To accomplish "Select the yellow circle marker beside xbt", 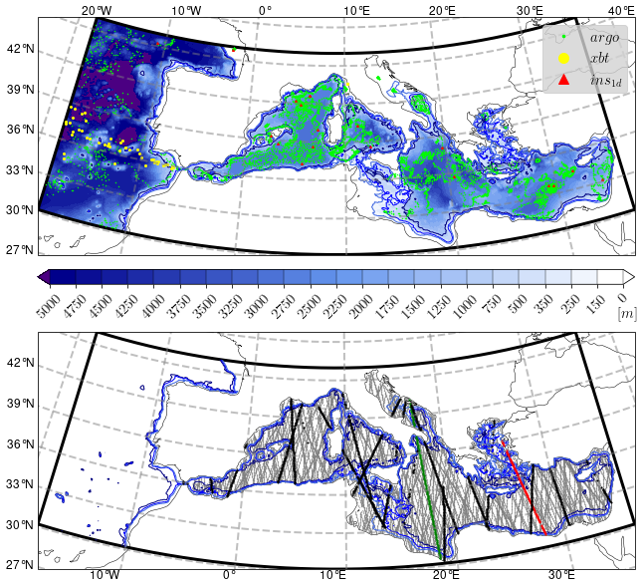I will click(x=563, y=59).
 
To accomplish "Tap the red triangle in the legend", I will click(x=563, y=80).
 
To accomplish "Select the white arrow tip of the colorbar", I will click(x=629, y=276).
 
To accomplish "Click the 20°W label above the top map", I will click(x=96, y=10).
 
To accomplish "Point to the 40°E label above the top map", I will click(x=621, y=10).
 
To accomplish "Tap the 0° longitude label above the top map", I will click(x=265, y=10).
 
